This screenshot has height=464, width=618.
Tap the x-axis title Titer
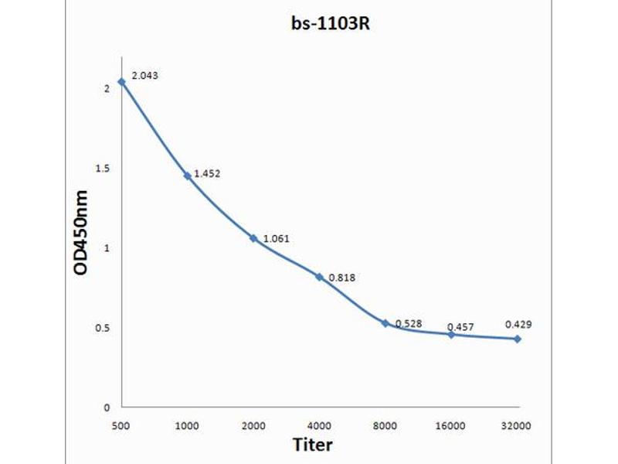313,445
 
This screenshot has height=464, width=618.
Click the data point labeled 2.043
121,81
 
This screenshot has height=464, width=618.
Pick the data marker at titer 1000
187,176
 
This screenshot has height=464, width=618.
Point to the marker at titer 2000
253,238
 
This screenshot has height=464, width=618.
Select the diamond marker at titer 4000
319,276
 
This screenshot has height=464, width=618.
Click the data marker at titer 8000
385,322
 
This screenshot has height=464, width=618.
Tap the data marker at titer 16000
451,334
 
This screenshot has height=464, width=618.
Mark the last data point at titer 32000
517,339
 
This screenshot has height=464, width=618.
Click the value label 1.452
207,174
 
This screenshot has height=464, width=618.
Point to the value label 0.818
342,278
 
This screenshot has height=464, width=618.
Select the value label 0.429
518,325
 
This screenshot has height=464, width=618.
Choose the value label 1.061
276,238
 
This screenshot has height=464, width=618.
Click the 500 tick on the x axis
121,425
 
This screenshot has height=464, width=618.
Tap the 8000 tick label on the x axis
385,425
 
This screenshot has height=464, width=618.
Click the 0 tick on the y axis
107,408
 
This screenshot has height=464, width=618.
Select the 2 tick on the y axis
107,88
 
